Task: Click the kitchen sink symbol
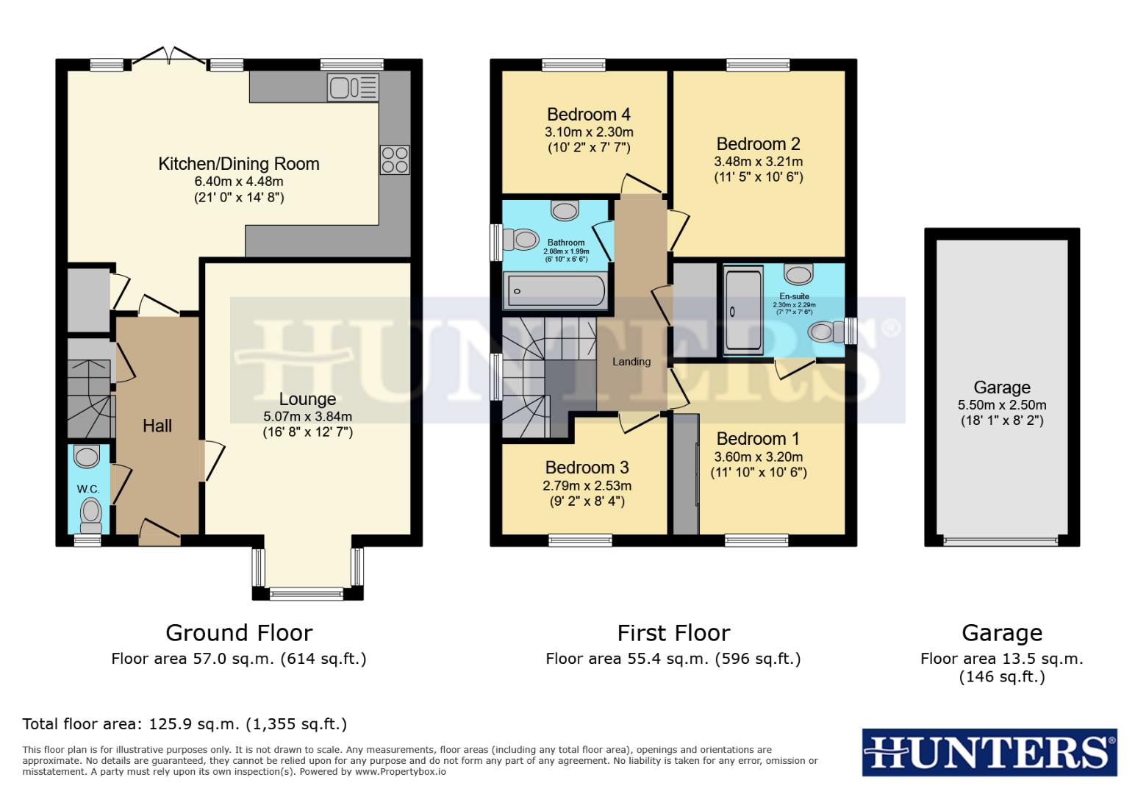(x=353, y=87)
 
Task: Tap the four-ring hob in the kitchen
(x=394, y=160)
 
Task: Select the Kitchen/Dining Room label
(x=239, y=164)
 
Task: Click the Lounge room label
(x=307, y=399)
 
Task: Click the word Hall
(x=157, y=426)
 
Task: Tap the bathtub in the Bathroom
(x=555, y=291)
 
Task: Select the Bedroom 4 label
(x=588, y=115)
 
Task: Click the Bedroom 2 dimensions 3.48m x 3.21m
(x=758, y=162)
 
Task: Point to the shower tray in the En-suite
(x=743, y=311)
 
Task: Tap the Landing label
(x=631, y=362)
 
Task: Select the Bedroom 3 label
(x=587, y=468)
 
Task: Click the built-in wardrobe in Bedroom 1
(x=686, y=474)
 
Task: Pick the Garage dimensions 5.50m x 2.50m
(x=1002, y=405)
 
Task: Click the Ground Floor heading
(x=239, y=633)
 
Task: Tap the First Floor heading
(x=673, y=633)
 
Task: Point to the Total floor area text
(x=185, y=724)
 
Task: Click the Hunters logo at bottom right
(x=989, y=753)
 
